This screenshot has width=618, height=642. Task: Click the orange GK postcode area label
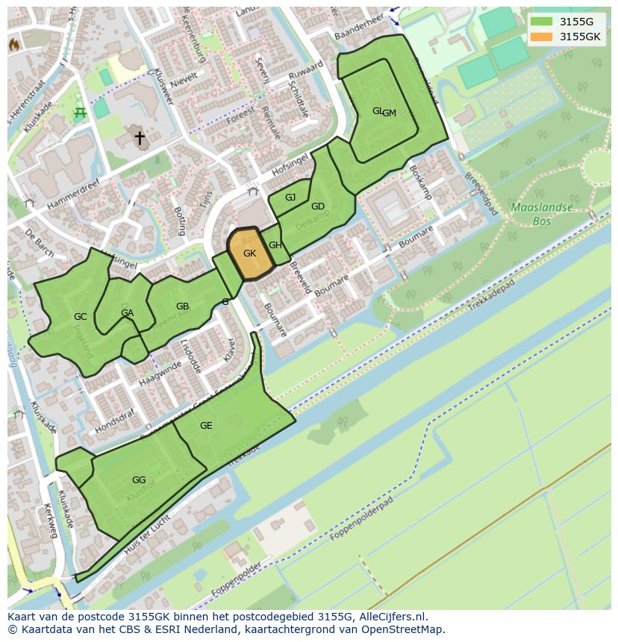pyautogui.click(x=249, y=254)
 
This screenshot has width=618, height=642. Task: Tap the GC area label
pyautogui.click(x=80, y=317)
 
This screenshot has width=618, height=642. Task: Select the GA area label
pyautogui.click(x=127, y=313)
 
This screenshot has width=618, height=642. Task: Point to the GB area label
pyautogui.click(x=182, y=306)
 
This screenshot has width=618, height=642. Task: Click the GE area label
pyautogui.click(x=206, y=426)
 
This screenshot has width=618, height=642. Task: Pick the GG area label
pyautogui.click(x=138, y=480)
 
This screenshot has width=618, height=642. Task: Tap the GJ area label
pyautogui.click(x=290, y=198)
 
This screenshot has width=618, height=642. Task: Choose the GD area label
pyautogui.click(x=318, y=207)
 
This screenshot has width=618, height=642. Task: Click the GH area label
pyautogui.click(x=275, y=245)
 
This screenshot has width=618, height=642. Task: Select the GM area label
pyautogui.click(x=390, y=113)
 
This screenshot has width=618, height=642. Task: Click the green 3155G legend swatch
pyautogui.click(x=542, y=22)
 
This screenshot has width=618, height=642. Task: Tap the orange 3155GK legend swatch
pyautogui.click(x=542, y=37)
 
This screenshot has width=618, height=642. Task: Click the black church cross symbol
pyautogui.click(x=139, y=138)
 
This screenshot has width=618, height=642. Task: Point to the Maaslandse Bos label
pyautogui.click(x=542, y=214)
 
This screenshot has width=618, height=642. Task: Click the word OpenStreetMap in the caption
pyautogui.click(x=402, y=629)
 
